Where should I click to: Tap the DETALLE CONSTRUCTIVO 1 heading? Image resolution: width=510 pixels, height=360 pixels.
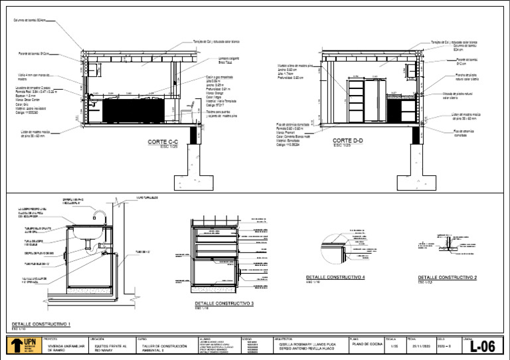point(41,324)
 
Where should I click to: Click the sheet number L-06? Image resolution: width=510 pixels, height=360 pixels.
point(482,346)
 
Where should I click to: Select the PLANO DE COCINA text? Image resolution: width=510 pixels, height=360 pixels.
point(364,345)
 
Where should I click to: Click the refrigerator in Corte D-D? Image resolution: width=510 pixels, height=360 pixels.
point(376,100)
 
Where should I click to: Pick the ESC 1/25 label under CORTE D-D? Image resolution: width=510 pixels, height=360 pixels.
point(341,146)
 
